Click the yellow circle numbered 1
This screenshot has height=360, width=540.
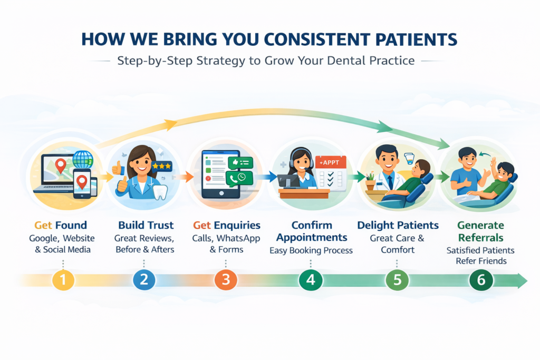click(63, 280)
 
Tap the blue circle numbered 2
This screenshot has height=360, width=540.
click(144, 280)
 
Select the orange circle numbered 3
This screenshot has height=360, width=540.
click(226, 280)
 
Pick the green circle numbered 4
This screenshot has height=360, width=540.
click(311, 280)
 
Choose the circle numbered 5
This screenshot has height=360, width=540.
click(397, 280)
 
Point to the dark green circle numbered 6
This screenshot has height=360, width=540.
click(481, 280)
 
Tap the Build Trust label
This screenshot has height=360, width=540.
click(143, 226)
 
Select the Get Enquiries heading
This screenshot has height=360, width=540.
click(226, 226)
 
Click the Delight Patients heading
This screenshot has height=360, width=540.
click(398, 226)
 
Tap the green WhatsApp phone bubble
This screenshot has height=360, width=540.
click(239, 178)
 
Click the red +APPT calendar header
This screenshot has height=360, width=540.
click(330, 162)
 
